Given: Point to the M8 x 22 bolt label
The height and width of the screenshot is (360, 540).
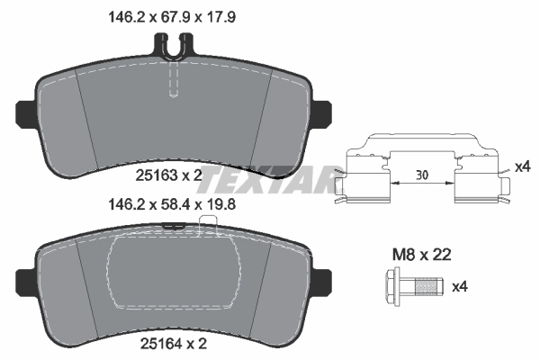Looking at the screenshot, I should click(x=419, y=256).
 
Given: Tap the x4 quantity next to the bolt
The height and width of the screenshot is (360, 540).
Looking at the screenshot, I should click(x=461, y=287).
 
